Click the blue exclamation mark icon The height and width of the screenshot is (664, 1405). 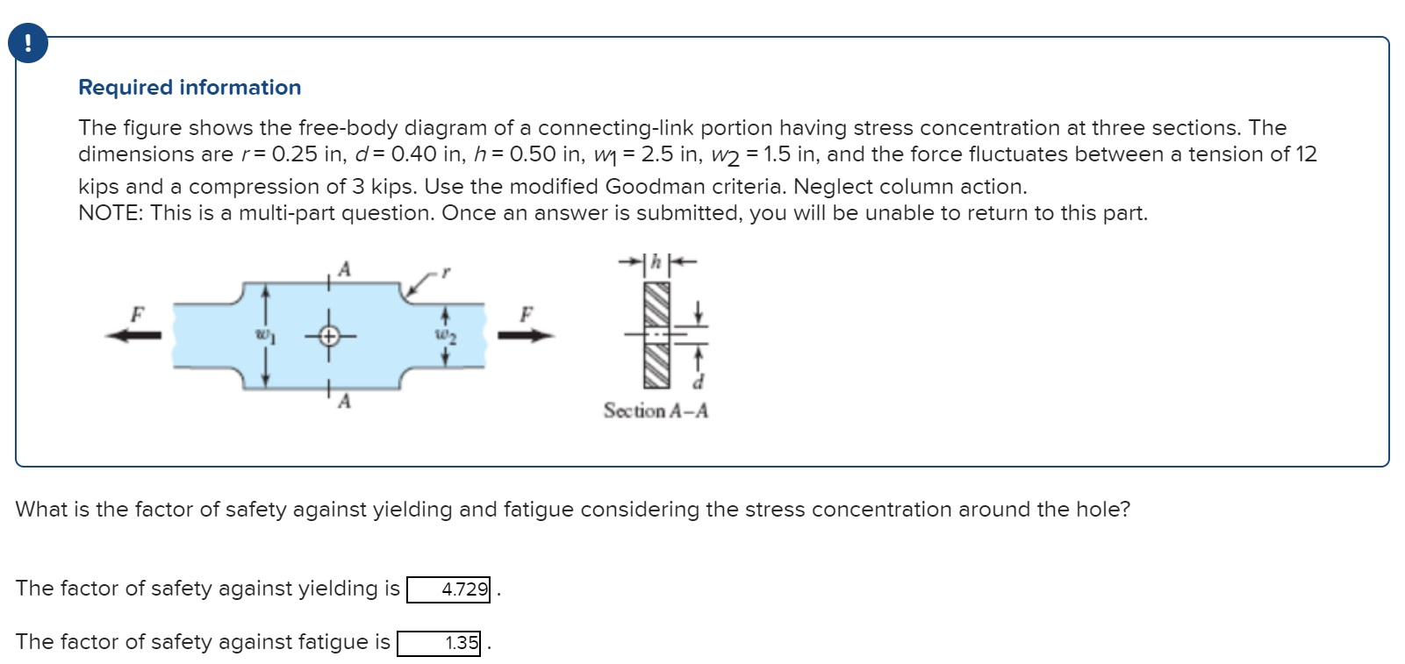tap(27, 43)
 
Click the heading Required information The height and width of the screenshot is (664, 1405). tap(190, 88)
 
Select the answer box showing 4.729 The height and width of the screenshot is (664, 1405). tap(448, 589)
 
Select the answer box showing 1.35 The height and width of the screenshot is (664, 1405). tap(439, 643)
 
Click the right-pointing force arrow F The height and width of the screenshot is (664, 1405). tap(527, 334)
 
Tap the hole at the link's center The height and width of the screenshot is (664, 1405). tap(328, 335)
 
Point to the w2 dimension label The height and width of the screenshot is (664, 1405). tap(446, 335)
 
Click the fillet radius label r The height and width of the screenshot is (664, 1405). tap(445, 273)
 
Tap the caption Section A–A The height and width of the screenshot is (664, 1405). tap(656, 411)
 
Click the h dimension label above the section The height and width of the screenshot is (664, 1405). tap(656, 261)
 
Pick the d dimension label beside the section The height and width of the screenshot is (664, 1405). tap(699, 382)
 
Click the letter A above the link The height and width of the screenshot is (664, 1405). tap(344, 269)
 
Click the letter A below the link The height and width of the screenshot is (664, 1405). tap(344, 402)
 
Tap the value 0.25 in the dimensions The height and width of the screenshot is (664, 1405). tap(294, 154)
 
